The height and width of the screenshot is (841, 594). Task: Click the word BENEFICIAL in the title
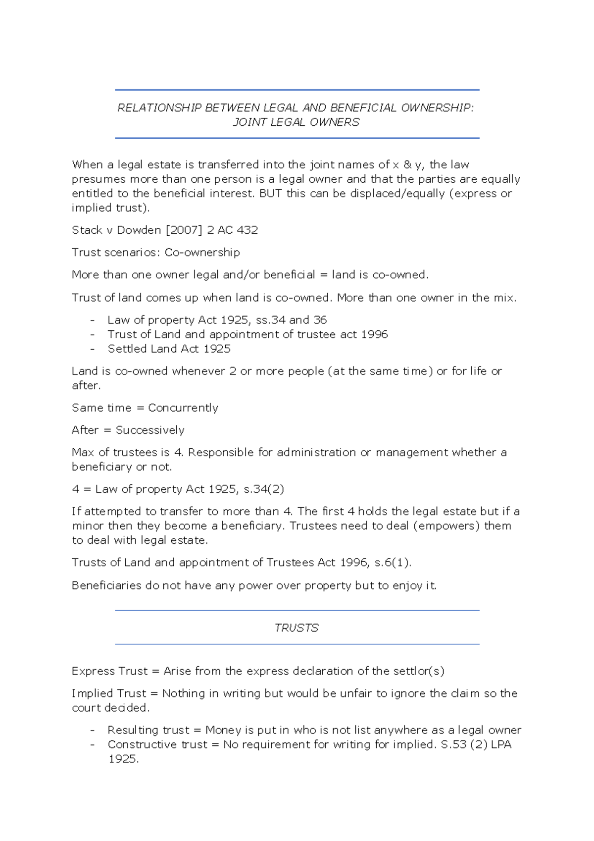(363, 108)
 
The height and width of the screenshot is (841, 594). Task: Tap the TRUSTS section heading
(297, 628)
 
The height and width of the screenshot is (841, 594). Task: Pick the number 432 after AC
(247, 230)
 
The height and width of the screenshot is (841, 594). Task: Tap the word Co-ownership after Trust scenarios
(202, 253)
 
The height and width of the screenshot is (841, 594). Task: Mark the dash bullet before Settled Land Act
(93, 349)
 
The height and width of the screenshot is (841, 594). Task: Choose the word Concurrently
(183, 408)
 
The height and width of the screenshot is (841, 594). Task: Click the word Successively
(150, 430)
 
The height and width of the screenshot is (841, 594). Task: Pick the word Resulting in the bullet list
(131, 731)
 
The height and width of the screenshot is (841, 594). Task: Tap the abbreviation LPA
(501, 745)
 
